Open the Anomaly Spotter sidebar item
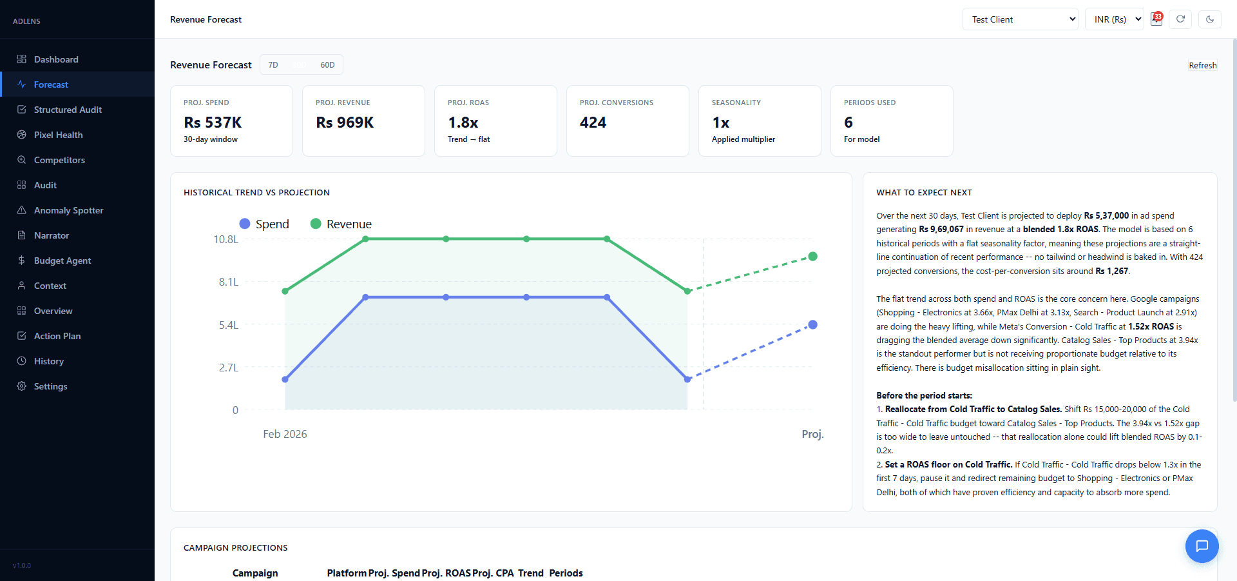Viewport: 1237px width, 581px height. (68, 210)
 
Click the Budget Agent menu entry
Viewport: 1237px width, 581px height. (62, 261)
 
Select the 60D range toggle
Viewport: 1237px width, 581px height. (327, 65)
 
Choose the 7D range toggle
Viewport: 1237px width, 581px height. (273, 65)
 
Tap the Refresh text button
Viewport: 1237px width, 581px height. (1202, 65)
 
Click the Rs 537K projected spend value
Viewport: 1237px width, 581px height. (213, 123)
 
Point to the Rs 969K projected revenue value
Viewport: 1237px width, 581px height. (345, 123)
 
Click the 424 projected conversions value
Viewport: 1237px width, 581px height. (593, 123)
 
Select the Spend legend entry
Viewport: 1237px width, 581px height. (265, 224)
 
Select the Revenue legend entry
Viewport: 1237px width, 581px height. (341, 224)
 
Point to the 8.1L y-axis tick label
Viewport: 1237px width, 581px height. (228, 282)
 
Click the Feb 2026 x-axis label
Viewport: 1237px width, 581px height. (285, 434)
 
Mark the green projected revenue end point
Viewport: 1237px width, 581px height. (813, 257)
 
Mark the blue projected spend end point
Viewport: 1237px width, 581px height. (813, 324)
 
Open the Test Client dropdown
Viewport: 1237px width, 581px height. (1020, 19)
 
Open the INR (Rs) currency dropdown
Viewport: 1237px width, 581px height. (1114, 19)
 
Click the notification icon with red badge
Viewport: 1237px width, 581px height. (1156, 19)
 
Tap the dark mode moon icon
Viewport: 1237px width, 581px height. (1210, 19)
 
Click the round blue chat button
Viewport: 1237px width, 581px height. (1202, 546)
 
